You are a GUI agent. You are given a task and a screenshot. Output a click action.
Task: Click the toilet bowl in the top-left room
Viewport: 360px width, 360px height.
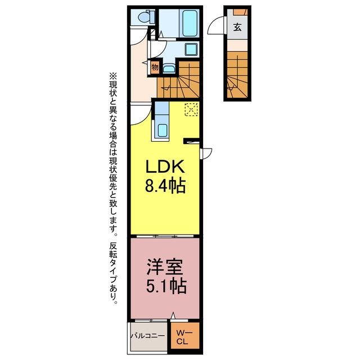point(144,17)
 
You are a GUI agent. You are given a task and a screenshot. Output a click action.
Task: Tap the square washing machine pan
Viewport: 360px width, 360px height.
point(191,49)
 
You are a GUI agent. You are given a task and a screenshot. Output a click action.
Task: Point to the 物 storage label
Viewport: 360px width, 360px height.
point(155,67)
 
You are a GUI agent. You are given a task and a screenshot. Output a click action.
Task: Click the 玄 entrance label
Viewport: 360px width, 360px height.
point(237,28)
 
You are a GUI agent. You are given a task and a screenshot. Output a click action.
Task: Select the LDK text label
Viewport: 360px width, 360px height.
point(165,166)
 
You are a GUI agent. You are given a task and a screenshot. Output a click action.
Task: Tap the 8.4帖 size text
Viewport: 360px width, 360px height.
point(165,186)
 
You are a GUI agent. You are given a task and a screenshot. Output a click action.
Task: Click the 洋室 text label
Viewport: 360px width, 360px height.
point(165,267)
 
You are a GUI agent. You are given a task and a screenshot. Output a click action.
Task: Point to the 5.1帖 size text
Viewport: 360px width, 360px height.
point(166,286)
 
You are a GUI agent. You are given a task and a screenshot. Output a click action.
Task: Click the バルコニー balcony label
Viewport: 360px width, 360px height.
point(148,336)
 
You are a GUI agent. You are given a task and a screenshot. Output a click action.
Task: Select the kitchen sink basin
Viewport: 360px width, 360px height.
point(163,130)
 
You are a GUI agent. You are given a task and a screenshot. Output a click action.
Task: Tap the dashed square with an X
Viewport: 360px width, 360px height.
point(191,110)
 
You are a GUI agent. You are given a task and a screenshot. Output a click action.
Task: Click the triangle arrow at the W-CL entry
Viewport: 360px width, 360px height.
point(173,316)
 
